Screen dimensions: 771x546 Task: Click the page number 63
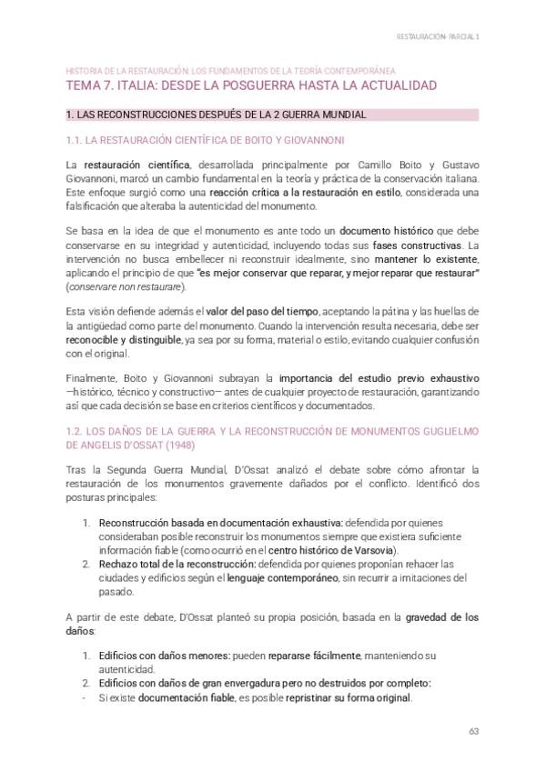473,731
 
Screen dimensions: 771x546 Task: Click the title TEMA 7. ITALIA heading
251,85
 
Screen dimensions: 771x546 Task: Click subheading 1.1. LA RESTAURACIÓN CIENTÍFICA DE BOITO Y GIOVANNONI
205,140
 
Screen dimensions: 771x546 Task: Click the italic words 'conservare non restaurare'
126,287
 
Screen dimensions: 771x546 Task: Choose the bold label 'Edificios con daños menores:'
164,656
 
